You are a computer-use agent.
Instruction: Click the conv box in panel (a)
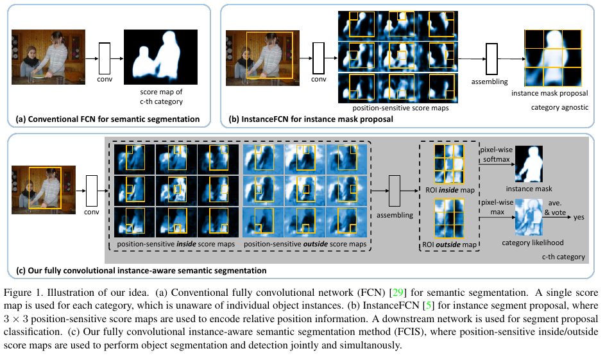(x=105, y=58)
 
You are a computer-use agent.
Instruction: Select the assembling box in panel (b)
(x=492, y=62)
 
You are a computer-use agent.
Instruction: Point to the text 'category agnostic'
(x=559, y=107)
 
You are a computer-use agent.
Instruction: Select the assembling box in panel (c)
(x=395, y=192)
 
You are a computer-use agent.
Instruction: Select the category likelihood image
(x=529, y=217)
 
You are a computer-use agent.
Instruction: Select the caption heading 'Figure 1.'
(x=24, y=285)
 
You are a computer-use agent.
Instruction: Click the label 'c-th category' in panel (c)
(x=563, y=257)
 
